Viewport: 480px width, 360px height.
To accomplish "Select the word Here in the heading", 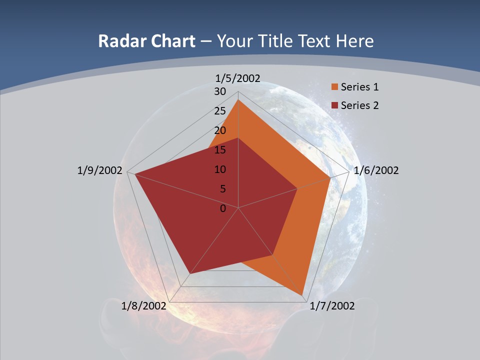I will [x=354, y=41].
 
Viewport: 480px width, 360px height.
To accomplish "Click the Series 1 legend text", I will [x=359, y=87].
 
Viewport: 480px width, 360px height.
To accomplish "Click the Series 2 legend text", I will [x=359, y=105].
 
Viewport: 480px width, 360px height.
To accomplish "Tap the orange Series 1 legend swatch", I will [x=334, y=87].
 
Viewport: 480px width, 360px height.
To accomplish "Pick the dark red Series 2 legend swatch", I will [x=334, y=105].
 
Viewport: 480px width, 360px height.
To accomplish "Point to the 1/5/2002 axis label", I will [x=238, y=78].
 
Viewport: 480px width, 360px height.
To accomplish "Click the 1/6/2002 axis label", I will [x=376, y=170].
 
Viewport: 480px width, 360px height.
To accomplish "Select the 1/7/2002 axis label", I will [x=332, y=306].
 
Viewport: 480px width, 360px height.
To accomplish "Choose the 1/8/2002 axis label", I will [x=143, y=306].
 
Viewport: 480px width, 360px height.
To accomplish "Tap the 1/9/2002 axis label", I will [x=100, y=170].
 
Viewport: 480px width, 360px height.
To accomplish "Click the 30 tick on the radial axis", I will [x=220, y=91].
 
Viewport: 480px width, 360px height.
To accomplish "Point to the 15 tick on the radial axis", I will [x=220, y=150].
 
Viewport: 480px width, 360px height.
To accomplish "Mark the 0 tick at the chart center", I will [x=223, y=208].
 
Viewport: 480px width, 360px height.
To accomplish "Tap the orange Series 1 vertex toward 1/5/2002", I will [x=238, y=100].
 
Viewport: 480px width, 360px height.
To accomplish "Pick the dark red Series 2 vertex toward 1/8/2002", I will [x=190, y=273].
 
